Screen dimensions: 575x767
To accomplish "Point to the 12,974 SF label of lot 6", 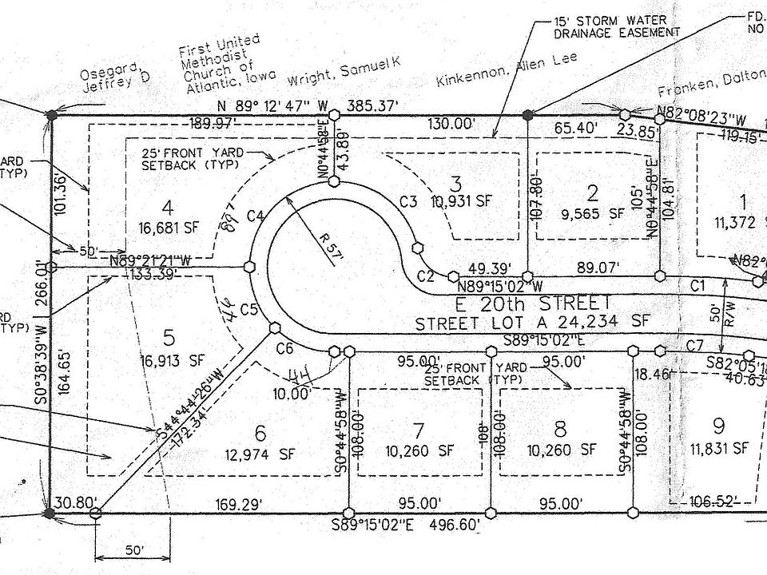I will point(260,456).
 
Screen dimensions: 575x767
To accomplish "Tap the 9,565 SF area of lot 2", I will point(593,213).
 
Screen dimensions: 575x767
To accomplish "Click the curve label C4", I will point(256,215).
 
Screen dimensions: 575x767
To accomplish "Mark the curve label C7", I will point(693,344).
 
